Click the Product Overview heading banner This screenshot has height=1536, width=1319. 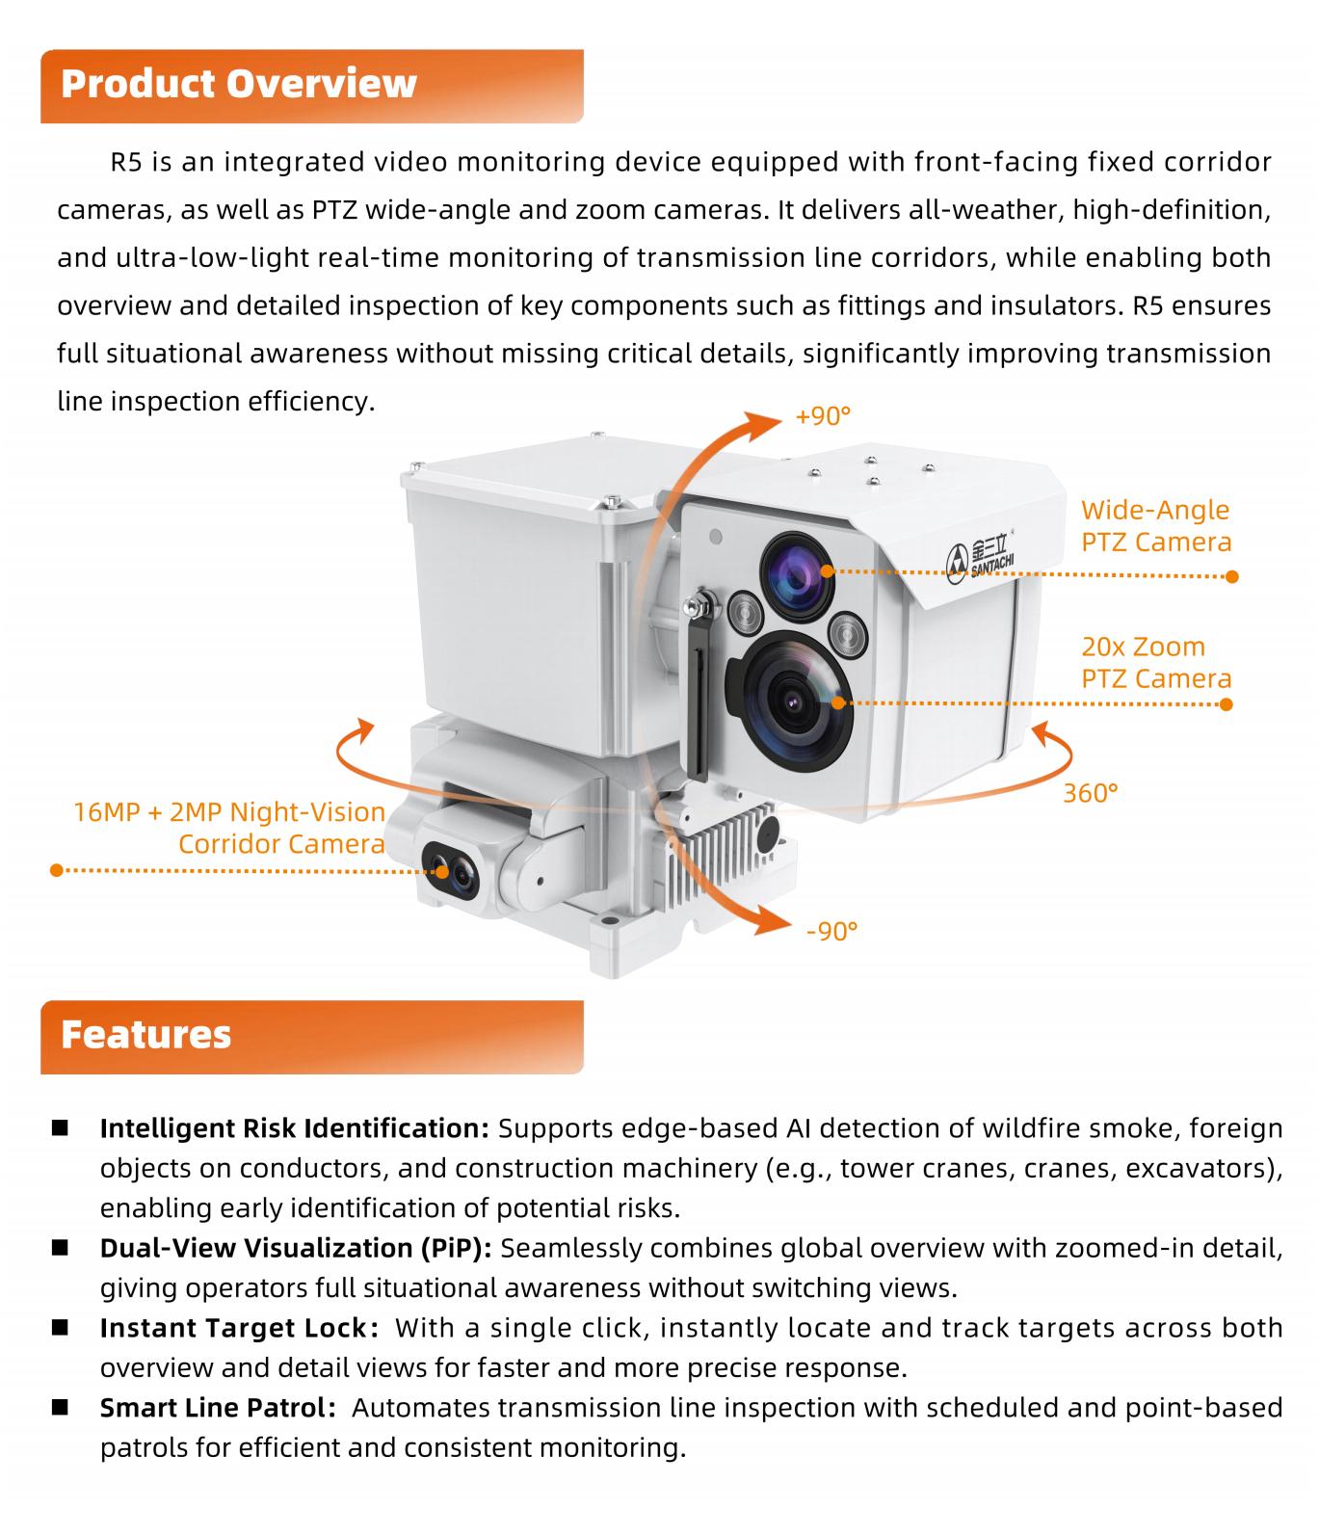click(x=311, y=86)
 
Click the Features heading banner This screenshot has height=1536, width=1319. click(x=311, y=1036)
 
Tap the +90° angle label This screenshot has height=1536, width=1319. click(x=823, y=416)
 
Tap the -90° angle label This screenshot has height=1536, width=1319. click(x=831, y=931)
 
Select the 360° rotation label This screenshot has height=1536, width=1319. click(x=1090, y=793)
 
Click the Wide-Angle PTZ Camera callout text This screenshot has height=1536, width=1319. click(x=1155, y=526)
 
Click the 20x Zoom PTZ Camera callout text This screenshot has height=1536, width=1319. click(x=1155, y=663)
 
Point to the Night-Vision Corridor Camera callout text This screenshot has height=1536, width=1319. click(x=229, y=828)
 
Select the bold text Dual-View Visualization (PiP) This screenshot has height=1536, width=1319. click(x=296, y=1248)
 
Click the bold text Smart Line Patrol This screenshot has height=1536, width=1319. click(x=218, y=1408)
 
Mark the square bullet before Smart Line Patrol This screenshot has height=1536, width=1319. click(x=61, y=1407)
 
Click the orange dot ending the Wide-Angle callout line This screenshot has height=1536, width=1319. click(x=1230, y=576)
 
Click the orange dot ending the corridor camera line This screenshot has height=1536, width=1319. click(x=57, y=870)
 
